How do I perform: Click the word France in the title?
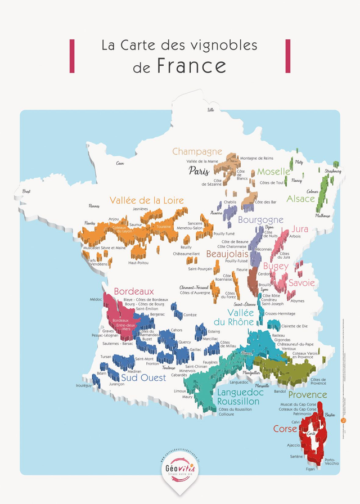tap(191, 66)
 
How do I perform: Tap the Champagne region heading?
tap(197, 151)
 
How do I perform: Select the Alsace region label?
tap(300, 199)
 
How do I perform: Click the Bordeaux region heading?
tap(134, 291)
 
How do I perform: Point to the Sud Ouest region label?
tap(144, 378)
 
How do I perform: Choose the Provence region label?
tap(307, 395)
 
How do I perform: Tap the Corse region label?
tap(285, 429)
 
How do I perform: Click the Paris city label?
tap(199, 170)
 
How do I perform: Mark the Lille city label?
tap(211, 110)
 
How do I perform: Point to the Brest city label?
tap(26, 192)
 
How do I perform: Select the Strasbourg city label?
tap(333, 170)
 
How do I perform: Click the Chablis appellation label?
tap(229, 202)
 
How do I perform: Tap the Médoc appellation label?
tap(96, 300)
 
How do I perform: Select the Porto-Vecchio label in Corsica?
tap(332, 461)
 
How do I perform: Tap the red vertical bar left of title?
tap(72, 56)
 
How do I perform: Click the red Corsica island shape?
tap(313, 439)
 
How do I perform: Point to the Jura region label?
tap(300, 229)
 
